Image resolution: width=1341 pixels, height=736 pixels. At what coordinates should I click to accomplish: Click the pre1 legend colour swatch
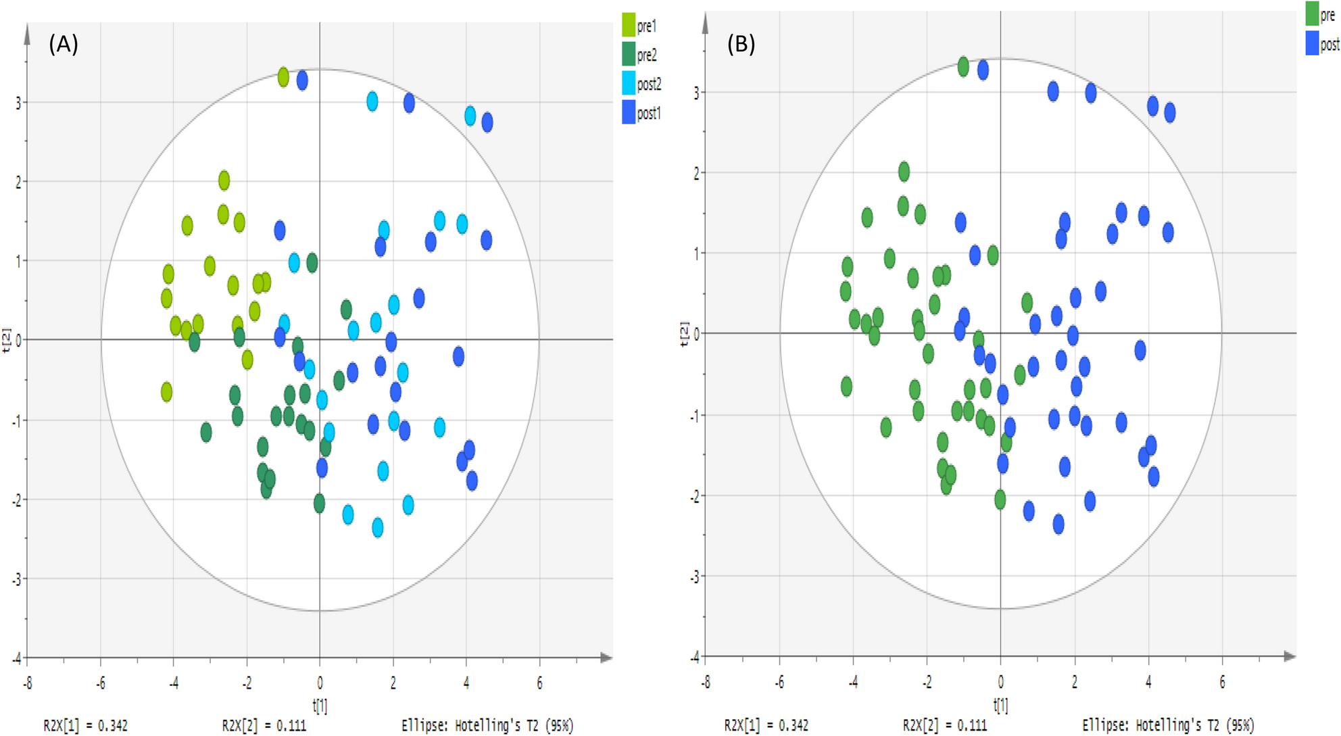629,25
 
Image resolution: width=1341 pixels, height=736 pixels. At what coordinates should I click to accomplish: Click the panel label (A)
64,44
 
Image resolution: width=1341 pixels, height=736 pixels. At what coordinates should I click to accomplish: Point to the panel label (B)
741,44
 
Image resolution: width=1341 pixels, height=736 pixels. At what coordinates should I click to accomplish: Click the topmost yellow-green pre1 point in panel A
283,77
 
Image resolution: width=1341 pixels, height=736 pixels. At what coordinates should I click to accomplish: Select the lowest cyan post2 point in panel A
378,527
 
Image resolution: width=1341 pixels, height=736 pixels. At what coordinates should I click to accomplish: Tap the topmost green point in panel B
963,66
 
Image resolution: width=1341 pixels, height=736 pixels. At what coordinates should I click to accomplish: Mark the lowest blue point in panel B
1058,524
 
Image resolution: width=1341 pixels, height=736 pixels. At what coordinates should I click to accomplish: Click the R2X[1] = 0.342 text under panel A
86,725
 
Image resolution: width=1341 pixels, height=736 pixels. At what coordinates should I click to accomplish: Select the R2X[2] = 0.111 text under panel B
944,725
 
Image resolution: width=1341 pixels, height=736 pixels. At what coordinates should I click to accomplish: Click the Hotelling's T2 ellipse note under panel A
487,725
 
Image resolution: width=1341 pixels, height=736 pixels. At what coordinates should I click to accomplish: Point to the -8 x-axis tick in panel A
28,683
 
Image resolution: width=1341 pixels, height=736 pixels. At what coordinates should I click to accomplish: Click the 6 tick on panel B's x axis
1222,682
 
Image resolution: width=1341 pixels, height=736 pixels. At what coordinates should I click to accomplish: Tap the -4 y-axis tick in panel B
695,657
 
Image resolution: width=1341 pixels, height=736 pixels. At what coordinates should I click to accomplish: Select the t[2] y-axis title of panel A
6,340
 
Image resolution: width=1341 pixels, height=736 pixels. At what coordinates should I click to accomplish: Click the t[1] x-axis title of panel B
1000,705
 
